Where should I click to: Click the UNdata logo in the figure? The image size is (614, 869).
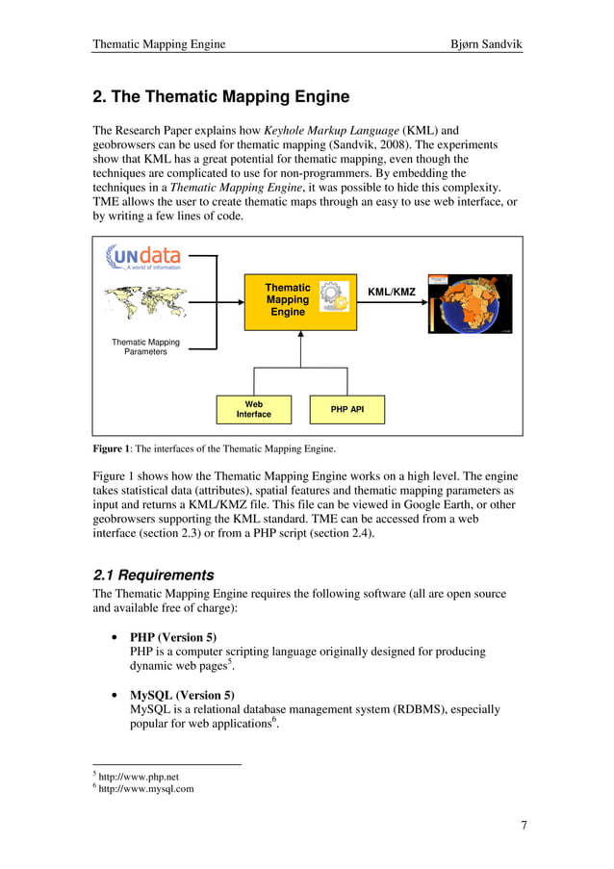tap(143, 257)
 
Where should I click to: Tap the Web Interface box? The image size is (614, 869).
tap(254, 409)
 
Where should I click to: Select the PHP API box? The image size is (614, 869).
tap(346, 409)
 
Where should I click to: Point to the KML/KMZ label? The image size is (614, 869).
tap(392, 291)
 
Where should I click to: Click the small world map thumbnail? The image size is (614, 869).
tap(143, 302)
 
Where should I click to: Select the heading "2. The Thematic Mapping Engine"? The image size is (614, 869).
tap(220, 97)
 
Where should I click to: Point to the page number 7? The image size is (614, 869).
tap(524, 824)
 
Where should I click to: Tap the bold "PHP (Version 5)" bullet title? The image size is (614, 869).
tap(173, 637)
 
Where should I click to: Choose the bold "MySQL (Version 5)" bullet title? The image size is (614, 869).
tap(181, 695)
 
